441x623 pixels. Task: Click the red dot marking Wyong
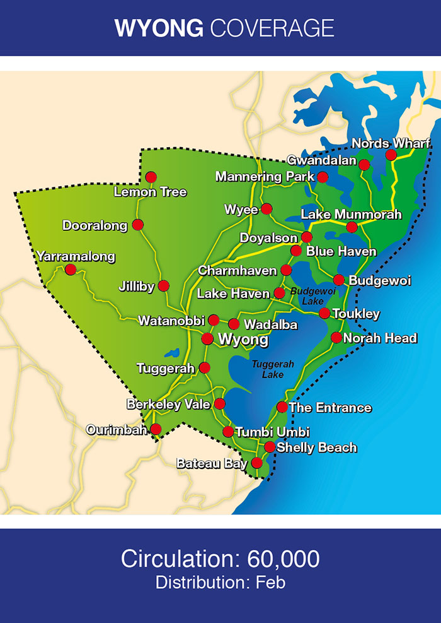click(x=207, y=339)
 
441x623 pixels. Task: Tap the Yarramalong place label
click(x=76, y=256)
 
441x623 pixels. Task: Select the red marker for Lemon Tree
click(x=151, y=177)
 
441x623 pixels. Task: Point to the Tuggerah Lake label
click(x=268, y=369)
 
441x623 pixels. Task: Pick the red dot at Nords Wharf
click(x=391, y=155)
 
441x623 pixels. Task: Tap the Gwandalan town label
click(x=321, y=160)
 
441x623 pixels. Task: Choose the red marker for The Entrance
click(x=282, y=407)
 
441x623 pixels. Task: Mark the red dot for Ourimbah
click(x=156, y=429)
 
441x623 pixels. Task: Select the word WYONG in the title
click(x=158, y=28)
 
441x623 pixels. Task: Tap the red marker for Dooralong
click(x=138, y=225)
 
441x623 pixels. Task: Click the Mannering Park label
click(x=264, y=177)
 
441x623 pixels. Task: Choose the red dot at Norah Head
click(x=336, y=338)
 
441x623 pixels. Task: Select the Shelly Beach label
click(x=316, y=448)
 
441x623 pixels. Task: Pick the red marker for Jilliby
click(x=164, y=286)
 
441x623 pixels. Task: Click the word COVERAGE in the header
click(x=272, y=28)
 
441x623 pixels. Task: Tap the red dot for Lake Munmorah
click(x=352, y=227)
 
